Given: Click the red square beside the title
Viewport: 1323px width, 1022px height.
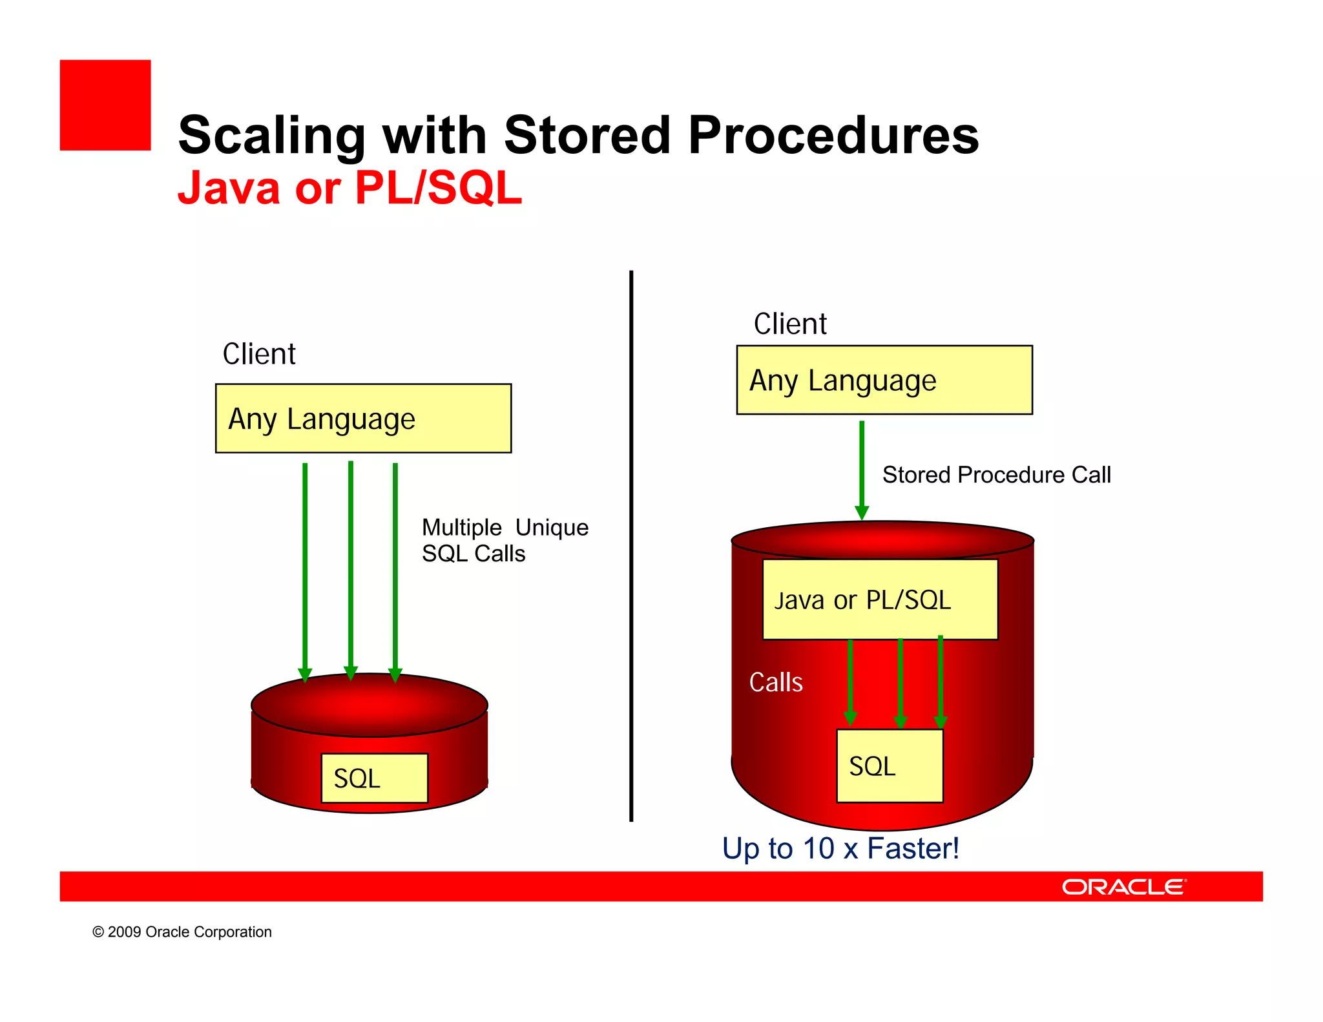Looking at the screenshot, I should pos(105,105).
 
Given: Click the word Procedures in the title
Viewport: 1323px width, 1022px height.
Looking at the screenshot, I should pos(833,136).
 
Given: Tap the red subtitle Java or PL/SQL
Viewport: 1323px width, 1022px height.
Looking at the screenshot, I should pos(349,188).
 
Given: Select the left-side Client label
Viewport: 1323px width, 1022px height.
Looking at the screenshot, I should pos(259,354).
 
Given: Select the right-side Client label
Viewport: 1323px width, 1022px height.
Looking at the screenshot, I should pos(790,324).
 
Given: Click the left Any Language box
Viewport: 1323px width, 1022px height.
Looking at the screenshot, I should pos(363,419).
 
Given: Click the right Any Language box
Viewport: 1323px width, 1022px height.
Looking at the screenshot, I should pos(884,380).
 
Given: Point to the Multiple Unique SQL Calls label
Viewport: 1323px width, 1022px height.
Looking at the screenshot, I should pos(504,541).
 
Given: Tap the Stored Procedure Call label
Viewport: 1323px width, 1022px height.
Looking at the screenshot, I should pos(996,475).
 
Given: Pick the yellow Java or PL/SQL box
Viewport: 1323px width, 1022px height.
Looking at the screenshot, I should pos(880,600).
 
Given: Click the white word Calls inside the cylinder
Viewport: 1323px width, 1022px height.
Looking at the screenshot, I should pos(775,682).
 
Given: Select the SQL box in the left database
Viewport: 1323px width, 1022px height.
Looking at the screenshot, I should pos(374,778).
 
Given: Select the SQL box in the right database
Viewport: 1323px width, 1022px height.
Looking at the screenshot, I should pos(889,766).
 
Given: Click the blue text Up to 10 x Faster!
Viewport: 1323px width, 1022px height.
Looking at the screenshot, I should pos(840,848).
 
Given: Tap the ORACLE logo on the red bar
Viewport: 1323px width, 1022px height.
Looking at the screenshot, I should pos(1123,887).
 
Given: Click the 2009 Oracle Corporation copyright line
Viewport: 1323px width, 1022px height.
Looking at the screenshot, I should pos(182,932).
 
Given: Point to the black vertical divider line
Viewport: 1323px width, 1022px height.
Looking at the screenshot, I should pos(631,546).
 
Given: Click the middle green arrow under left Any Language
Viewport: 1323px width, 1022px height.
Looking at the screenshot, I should pos(351,568).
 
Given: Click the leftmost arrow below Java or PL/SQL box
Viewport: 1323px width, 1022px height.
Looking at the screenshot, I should pos(850,682).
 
